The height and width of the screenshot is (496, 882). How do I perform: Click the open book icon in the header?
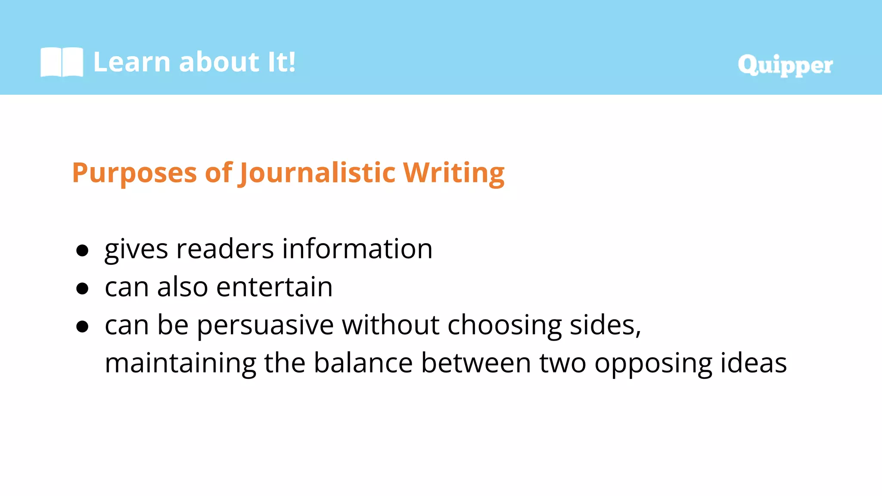point(62,62)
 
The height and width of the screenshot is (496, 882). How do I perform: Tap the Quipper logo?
point(785,65)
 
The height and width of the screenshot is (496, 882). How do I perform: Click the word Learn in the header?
point(132,62)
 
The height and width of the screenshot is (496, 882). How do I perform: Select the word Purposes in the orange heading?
point(134,173)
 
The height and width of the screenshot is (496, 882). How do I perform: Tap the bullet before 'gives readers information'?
point(82,250)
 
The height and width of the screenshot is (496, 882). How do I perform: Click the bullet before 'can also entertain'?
point(82,288)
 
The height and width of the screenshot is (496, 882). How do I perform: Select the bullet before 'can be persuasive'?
point(82,326)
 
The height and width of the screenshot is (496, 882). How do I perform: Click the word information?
point(357,249)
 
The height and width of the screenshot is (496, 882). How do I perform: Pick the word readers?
point(225,249)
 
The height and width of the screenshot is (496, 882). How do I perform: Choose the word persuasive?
point(265,325)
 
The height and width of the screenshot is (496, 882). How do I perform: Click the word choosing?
point(505,325)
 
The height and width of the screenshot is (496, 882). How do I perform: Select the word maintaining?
point(180,363)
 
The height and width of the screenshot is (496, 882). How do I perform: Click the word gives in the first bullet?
point(136,250)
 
